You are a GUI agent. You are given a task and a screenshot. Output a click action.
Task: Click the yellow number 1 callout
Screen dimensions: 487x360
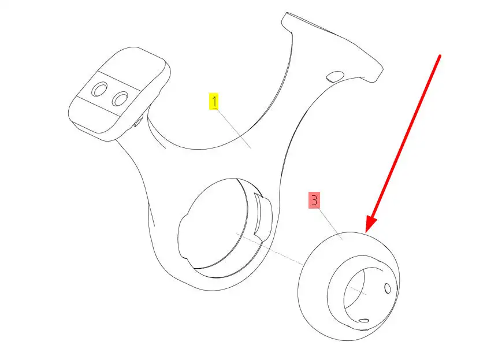(x=214, y=103)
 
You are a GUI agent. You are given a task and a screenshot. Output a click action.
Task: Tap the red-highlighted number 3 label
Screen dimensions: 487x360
(x=314, y=201)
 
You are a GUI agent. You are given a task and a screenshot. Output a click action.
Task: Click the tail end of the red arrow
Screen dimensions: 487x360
(x=441, y=55)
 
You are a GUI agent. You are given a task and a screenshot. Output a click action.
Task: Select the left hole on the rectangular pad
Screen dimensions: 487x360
(x=100, y=90)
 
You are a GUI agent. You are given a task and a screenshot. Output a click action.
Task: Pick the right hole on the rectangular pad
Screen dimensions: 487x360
(x=120, y=99)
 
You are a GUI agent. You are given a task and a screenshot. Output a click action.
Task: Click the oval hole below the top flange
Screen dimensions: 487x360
(x=334, y=76)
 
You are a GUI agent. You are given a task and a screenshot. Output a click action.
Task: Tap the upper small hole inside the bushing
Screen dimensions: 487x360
(x=387, y=288)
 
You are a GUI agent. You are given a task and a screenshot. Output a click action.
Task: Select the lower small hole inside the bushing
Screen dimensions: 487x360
(x=363, y=320)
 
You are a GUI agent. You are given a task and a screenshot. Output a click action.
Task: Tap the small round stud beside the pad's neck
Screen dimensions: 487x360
(x=139, y=122)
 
